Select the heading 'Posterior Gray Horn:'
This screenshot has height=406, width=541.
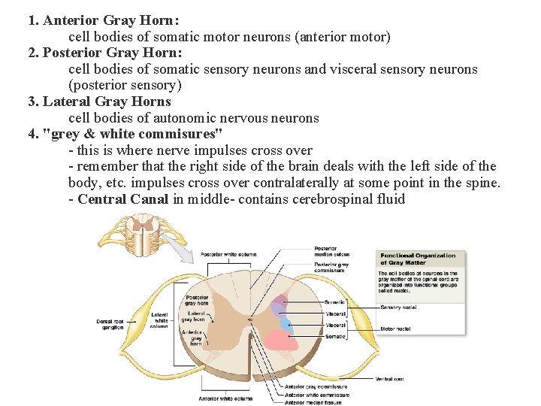coord(112,53)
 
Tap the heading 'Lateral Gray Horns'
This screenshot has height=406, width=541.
coord(107,101)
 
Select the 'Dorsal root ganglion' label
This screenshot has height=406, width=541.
coord(110,324)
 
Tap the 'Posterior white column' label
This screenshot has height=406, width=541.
coord(228,255)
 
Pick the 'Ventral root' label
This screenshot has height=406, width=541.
coord(389,379)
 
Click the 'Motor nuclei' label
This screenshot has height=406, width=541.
coord(395,329)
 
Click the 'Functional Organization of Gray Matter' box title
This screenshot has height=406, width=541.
coord(410,259)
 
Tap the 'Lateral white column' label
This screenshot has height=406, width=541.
coord(159,320)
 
